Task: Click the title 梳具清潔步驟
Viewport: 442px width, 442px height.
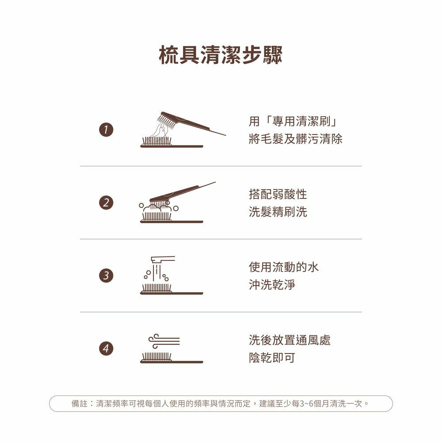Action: tap(221, 55)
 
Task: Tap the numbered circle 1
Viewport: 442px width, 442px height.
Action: tap(106, 130)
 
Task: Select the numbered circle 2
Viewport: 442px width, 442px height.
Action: tap(106, 203)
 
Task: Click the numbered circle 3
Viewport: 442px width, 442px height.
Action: tap(106, 275)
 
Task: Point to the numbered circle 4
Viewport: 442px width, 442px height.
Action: tap(106, 348)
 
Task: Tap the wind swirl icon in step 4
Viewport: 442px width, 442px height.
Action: tap(164, 341)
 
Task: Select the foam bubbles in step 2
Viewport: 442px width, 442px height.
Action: tap(158, 208)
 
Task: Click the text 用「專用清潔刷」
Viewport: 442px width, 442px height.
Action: tap(293, 122)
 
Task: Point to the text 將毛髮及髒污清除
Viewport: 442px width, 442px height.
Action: tap(295, 139)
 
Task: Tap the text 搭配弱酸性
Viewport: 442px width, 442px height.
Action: tap(278, 194)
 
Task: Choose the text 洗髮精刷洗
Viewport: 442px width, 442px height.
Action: tap(278, 212)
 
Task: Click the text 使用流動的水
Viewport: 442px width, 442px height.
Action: tap(284, 267)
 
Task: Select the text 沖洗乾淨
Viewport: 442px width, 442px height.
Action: tap(272, 285)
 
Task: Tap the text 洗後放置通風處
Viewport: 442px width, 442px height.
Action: tap(290, 340)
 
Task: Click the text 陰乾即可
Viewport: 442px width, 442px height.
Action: tap(272, 358)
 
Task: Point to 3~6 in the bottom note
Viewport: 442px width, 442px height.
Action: tap(306, 404)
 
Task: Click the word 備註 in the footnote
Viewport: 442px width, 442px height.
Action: tap(80, 404)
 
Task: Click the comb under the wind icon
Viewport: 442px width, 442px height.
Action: tap(171, 358)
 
